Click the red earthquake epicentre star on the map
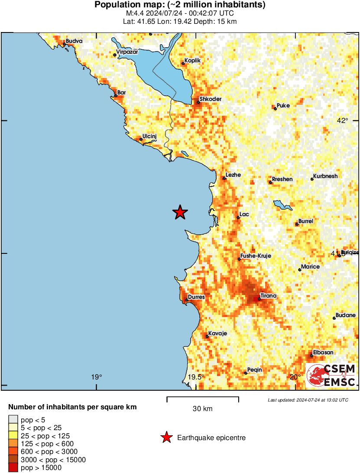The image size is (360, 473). [180, 212]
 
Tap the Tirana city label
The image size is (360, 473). [269, 296]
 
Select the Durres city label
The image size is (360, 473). [196, 297]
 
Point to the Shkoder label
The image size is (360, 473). [211, 99]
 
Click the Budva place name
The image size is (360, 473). [74, 41]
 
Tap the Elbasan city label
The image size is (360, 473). [323, 353]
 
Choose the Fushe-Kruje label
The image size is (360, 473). [256, 256]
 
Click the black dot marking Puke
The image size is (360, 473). [275, 108]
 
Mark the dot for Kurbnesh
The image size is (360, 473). [312, 179]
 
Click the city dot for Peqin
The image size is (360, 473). [246, 373]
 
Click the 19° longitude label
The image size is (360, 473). [97, 377]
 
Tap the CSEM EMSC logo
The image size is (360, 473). [331, 376]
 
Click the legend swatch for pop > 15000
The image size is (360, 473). [13, 467]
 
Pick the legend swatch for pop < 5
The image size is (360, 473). [13, 419]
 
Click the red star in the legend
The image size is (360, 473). [166, 438]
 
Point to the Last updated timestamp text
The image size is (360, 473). [308, 400]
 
